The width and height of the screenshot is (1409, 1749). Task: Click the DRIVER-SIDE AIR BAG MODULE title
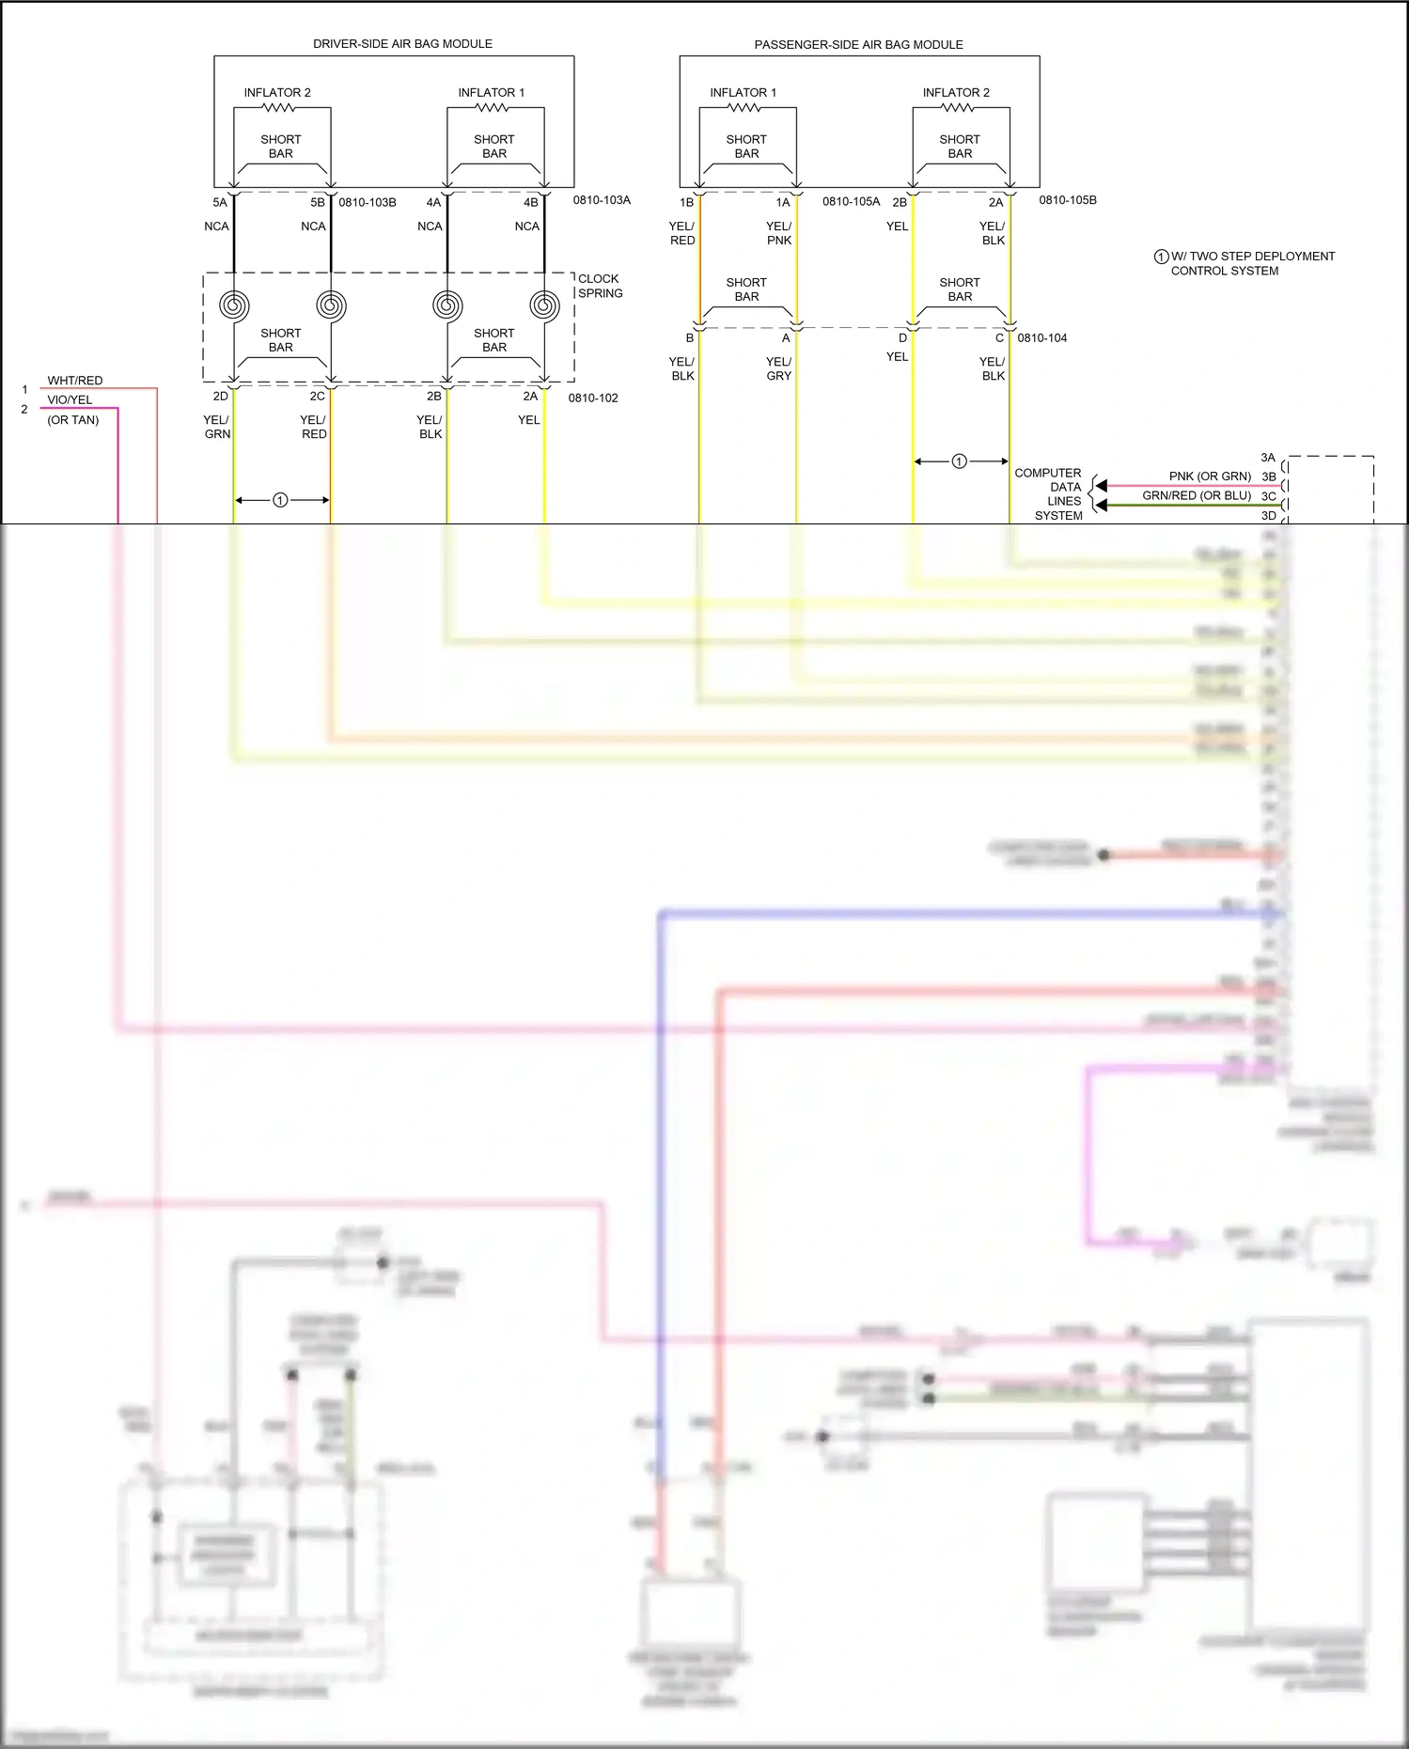402,44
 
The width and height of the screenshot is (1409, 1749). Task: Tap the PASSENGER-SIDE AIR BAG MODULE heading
858,45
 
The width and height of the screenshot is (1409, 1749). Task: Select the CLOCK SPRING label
600,286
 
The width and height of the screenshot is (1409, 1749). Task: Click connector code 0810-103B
368,202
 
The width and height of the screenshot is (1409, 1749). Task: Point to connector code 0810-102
593,398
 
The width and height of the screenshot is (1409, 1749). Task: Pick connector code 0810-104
1041,337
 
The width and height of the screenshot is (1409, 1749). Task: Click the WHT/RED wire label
75,381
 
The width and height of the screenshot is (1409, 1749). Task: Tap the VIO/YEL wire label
70,399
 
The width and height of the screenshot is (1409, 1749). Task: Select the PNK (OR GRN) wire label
1210,476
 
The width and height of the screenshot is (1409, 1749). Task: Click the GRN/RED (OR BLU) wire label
1197,495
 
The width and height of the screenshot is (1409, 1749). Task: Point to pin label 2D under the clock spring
220,396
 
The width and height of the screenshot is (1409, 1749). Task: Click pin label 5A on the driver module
219,202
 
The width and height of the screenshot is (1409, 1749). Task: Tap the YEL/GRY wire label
778,368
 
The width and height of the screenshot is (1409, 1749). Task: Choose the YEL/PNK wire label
778,233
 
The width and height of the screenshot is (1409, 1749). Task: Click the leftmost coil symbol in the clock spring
234,305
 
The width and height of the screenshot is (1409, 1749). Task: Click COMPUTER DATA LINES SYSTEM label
1049,494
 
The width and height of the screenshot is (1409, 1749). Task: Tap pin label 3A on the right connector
1268,458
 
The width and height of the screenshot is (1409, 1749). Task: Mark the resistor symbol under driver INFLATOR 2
279,107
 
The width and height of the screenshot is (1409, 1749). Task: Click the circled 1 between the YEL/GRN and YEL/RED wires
280,500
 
